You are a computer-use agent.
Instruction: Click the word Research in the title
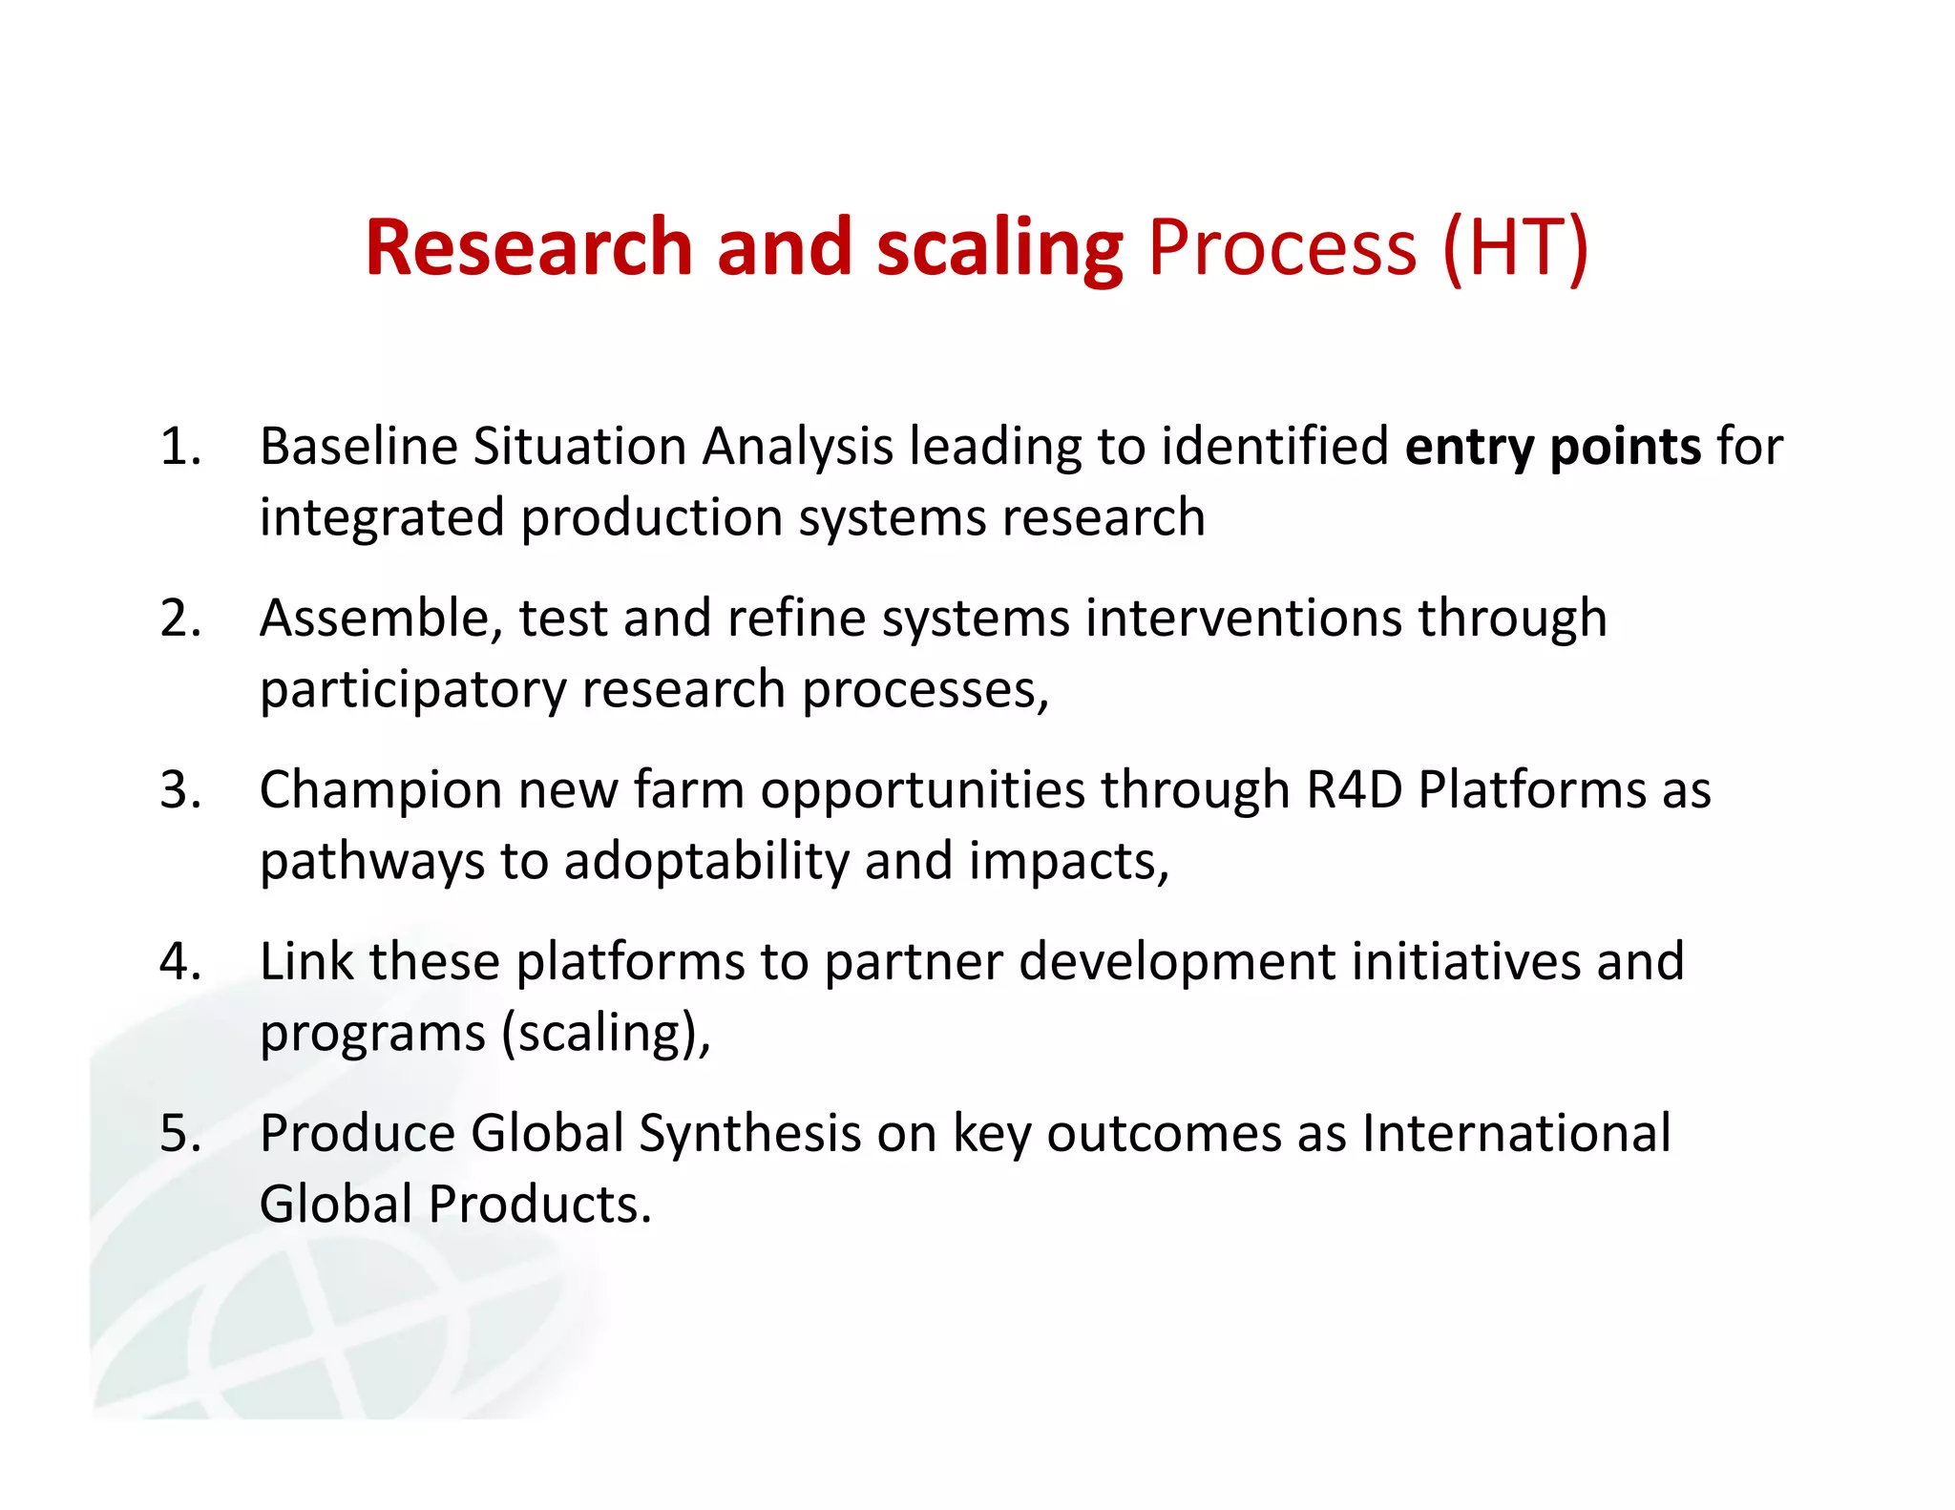[528, 248]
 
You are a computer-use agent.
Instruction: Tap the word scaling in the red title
[999, 248]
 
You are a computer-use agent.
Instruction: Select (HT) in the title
[1515, 248]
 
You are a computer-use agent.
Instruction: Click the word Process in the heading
[1282, 248]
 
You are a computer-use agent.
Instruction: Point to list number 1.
[180, 447]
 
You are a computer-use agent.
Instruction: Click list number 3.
[180, 790]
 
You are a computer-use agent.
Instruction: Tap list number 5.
[180, 1134]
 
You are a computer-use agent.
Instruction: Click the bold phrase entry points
[1552, 447]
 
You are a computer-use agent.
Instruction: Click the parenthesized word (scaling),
[607, 1034]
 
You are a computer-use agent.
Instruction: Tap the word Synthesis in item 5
[750, 1134]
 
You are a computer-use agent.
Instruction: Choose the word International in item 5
[1516, 1134]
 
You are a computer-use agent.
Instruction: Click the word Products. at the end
[539, 1205]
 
